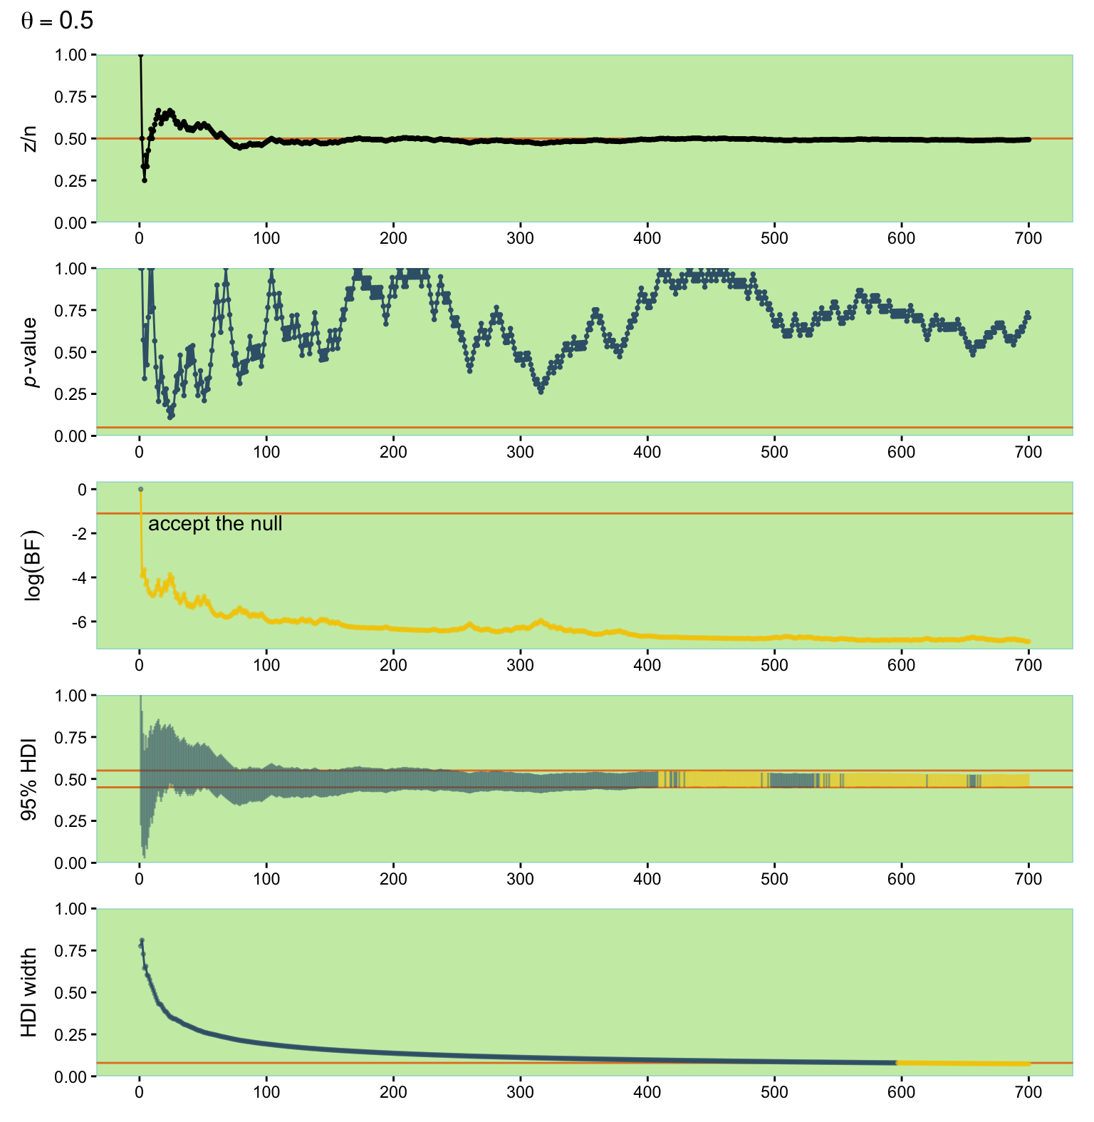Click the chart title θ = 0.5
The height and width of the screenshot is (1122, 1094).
57,21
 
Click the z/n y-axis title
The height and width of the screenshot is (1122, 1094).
29,139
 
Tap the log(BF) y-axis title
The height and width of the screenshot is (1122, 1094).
33,565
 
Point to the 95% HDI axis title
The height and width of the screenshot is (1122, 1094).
29,779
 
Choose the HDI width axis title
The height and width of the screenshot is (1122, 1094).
29,992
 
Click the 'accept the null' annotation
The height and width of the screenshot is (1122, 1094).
215,524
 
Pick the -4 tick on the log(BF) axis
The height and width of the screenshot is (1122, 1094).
79,577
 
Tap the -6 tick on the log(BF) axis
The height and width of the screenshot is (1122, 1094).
79,622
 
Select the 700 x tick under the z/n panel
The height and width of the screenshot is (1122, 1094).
1028,238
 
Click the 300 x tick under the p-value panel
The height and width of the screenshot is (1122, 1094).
521,452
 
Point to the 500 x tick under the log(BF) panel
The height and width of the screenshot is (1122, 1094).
774,665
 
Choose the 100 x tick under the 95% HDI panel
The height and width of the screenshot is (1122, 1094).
266,879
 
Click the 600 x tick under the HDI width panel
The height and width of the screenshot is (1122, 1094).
902,1092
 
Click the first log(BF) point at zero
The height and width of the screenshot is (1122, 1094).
140,489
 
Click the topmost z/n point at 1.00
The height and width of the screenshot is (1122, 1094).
140,55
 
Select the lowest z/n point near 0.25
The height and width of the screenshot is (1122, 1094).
144,180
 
